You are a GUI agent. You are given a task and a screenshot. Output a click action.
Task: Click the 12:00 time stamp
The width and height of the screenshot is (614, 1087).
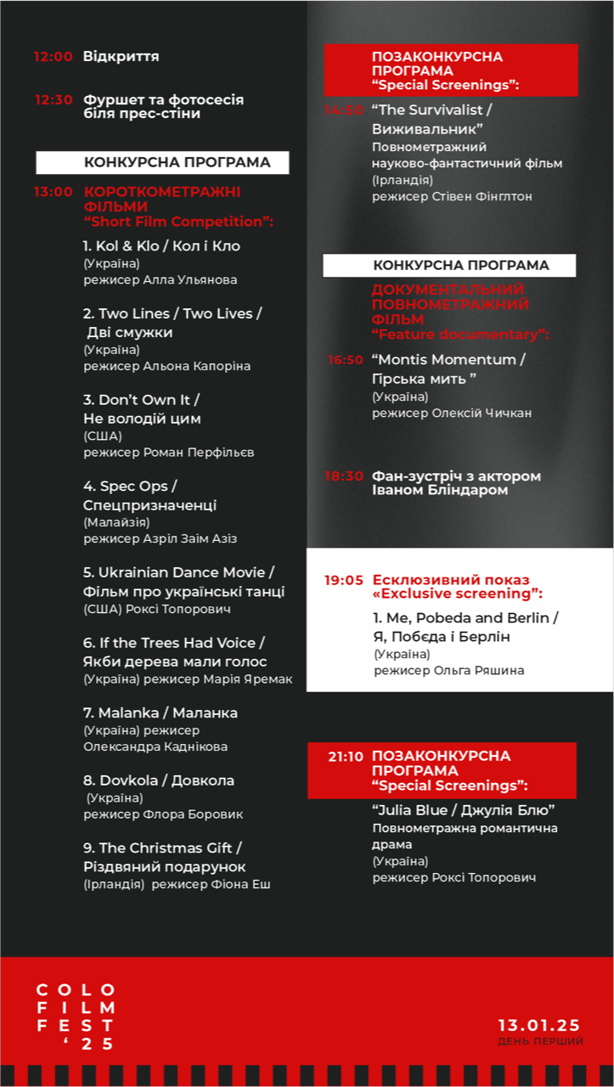coord(54,57)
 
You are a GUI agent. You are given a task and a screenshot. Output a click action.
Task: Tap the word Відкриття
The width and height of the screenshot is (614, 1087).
coord(121,57)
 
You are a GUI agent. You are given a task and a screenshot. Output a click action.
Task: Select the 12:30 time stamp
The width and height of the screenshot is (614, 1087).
coord(54,100)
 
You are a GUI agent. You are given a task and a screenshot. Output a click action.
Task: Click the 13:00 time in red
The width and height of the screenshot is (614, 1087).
coord(54,192)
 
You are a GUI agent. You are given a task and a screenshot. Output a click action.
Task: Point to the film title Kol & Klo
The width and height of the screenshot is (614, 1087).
coord(121,246)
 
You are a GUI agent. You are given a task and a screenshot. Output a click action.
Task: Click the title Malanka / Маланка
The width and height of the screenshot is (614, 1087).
coord(161,713)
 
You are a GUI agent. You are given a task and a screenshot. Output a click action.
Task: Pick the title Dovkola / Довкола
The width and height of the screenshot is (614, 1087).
coord(159,780)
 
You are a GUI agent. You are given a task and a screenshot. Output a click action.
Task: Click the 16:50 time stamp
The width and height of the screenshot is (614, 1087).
coord(346,360)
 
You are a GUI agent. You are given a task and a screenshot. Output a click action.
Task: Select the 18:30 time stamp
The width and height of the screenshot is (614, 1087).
coord(344,476)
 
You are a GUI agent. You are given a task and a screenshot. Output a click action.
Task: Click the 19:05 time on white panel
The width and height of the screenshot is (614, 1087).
coord(344,581)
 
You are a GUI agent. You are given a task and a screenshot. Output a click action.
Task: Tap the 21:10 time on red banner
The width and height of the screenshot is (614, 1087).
coord(346,757)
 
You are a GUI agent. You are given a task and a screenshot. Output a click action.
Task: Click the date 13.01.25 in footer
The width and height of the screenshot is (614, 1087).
coord(538,1024)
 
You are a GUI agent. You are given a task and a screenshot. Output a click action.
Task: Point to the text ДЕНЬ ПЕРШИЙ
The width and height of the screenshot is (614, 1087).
coord(541,1041)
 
